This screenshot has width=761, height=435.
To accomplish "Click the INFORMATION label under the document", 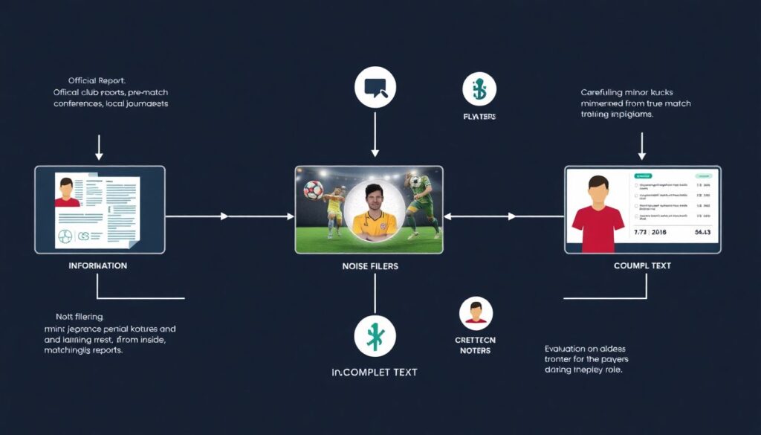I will [98, 265].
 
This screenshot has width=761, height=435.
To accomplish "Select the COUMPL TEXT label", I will [642, 265].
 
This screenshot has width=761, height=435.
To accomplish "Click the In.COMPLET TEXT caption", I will [374, 372].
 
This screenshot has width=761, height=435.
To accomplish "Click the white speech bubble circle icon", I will [375, 88].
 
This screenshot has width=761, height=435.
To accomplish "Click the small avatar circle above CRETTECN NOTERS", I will [476, 314].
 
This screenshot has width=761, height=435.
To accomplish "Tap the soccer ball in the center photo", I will [314, 190].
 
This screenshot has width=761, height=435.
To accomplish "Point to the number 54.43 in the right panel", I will [702, 233].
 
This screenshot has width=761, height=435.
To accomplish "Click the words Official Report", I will [97, 80].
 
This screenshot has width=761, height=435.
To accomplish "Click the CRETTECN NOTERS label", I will [475, 345].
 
